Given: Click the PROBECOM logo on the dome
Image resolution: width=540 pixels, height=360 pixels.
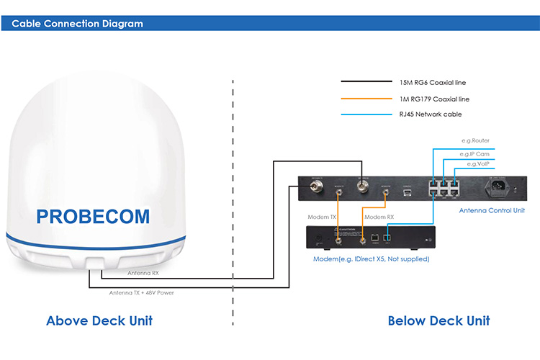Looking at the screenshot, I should click(x=93, y=216).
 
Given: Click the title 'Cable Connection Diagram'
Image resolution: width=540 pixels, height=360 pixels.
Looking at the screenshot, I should click(x=77, y=24).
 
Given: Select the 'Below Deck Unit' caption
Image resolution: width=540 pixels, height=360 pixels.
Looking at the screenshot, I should click(x=438, y=320).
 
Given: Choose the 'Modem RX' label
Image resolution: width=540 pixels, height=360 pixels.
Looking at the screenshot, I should click(x=379, y=217).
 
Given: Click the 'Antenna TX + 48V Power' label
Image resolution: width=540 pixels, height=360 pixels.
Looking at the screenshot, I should click(x=141, y=293).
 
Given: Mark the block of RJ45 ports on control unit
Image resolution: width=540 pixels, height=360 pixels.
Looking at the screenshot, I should click(x=445, y=189).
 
